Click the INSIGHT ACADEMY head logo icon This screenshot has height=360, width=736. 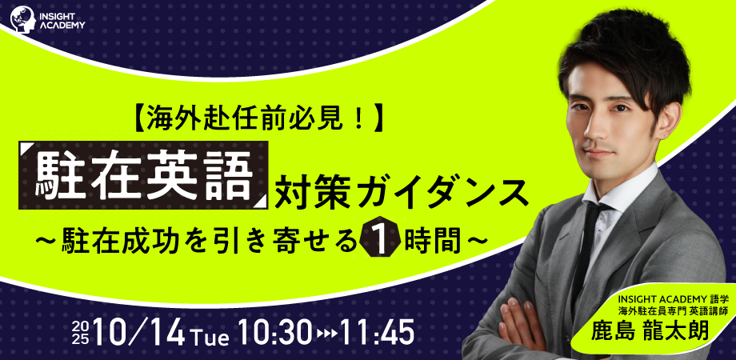point(22,19)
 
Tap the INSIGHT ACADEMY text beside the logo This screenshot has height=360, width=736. point(62,20)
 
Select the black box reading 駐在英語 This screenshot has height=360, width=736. point(143,175)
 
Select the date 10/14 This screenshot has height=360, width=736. point(139,334)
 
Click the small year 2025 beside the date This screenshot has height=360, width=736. point(82,334)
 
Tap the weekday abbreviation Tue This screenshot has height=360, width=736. point(210,337)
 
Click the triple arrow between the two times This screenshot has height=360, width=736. point(326,334)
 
